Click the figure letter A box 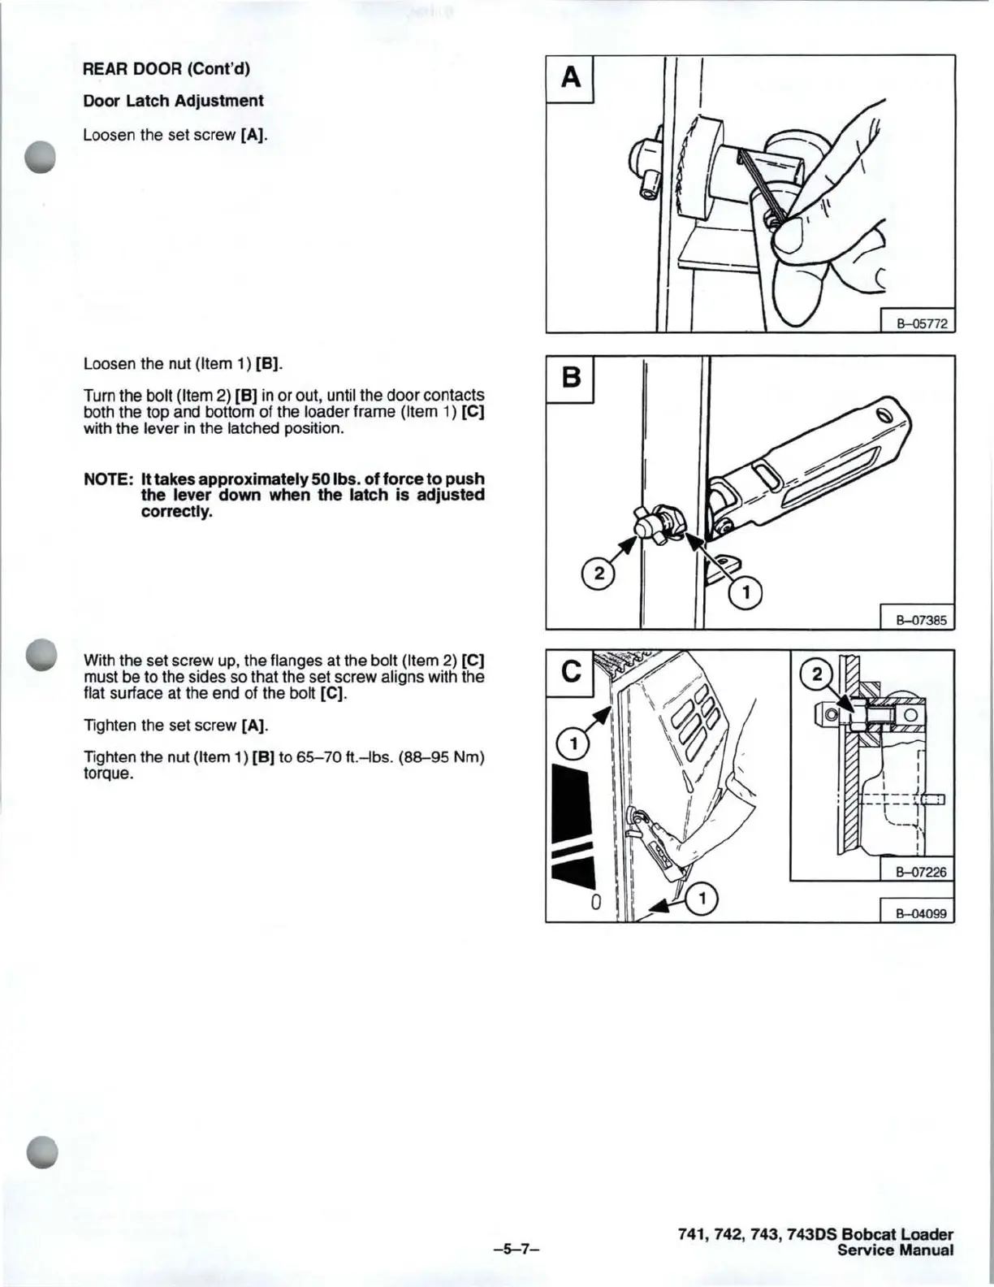coord(569,79)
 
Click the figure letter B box coord(569,379)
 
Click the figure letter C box coord(569,674)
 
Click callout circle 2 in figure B coord(599,574)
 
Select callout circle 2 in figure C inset coord(816,674)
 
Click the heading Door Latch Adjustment coord(174,101)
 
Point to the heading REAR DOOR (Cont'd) coord(166,69)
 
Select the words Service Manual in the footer coord(895,1250)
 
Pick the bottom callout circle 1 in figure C coord(702,899)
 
